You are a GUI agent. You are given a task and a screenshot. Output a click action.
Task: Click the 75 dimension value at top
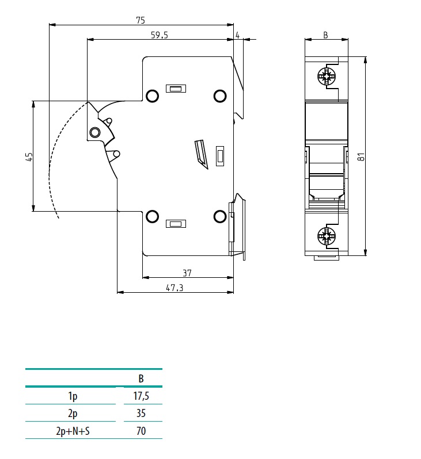tap(140, 20)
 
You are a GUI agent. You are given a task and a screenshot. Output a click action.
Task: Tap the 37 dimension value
tap(187, 273)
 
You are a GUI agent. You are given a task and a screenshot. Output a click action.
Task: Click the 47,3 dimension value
tap(175, 288)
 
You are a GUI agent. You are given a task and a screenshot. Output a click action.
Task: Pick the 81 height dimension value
tap(361, 156)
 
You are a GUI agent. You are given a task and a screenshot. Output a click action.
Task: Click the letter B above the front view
tap(325, 36)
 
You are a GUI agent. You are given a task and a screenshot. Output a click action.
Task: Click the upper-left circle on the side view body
tap(152, 95)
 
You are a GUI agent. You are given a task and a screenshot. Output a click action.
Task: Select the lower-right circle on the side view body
tap(219, 216)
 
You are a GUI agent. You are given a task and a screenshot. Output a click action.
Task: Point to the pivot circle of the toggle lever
tap(95, 133)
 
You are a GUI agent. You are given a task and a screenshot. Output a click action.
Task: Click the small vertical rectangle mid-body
tap(219, 156)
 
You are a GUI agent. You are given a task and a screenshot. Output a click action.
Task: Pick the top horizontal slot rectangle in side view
tap(175, 89)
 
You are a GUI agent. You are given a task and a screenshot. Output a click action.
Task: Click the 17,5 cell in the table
tap(141, 396)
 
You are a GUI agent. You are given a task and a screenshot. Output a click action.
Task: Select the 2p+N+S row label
tap(73, 430)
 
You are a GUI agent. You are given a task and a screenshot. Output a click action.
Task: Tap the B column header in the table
tap(141, 378)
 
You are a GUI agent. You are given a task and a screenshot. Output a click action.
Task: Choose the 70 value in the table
tap(141, 430)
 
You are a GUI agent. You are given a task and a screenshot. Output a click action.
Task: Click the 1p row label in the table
tap(73, 396)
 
